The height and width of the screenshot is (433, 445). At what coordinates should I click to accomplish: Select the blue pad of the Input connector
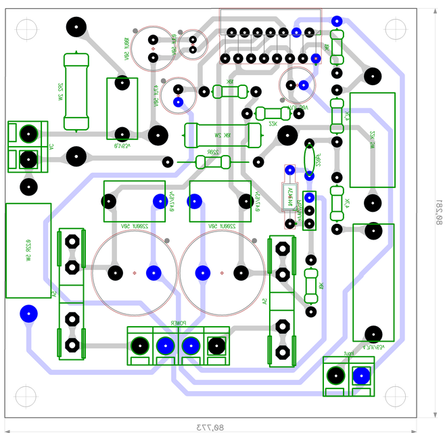(361, 375)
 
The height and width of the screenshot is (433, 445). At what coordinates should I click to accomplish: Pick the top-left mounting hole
(25, 30)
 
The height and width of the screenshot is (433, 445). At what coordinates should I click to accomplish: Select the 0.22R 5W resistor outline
(28, 250)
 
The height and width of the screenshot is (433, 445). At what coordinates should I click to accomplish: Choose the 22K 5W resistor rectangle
(372, 140)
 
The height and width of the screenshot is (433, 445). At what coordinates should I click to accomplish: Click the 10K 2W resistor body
(222, 135)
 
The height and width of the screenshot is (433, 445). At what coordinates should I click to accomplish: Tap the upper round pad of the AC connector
(28, 133)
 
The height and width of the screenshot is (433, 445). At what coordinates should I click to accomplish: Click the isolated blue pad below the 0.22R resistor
(28, 313)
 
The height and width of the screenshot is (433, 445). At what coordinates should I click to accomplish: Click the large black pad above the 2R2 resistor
(76, 28)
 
